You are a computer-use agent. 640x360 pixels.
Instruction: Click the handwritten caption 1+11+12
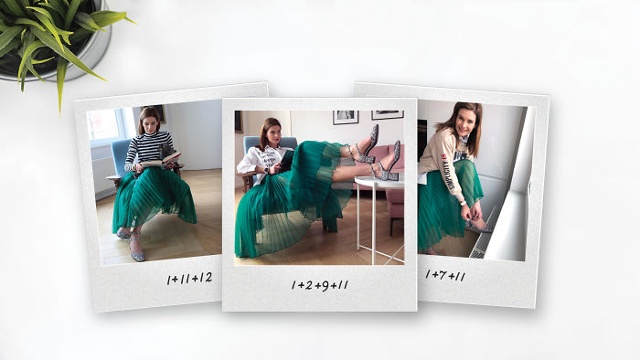click(x=189, y=279)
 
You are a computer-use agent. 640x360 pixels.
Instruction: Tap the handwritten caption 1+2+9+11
click(x=320, y=285)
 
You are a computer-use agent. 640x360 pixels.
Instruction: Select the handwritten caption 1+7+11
click(x=445, y=276)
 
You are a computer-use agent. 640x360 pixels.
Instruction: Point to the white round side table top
click(x=379, y=182)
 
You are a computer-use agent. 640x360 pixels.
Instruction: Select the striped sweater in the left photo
click(x=148, y=148)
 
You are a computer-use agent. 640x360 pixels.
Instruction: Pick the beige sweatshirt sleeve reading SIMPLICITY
click(x=450, y=171)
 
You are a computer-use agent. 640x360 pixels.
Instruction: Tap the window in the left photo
click(x=104, y=125)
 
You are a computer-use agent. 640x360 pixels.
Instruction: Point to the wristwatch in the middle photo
click(x=266, y=169)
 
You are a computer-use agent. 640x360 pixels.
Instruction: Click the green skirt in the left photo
click(x=153, y=197)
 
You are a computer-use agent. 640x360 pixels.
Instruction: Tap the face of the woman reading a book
click(x=150, y=123)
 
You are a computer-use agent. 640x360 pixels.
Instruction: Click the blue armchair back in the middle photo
click(x=270, y=145)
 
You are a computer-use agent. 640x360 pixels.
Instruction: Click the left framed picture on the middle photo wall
click(x=346, y=117)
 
